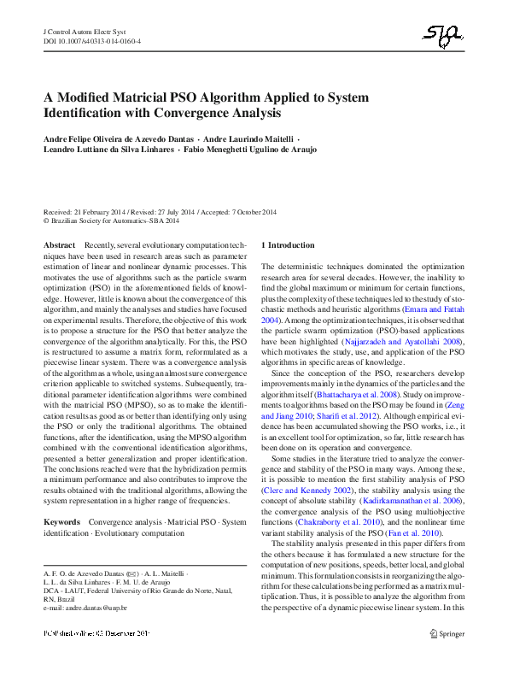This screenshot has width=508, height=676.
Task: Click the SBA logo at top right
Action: (x=446, y=34)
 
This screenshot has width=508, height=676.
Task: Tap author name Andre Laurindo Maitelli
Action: (x=248, y=137)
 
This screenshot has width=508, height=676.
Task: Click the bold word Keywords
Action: (x=61, y=520)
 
